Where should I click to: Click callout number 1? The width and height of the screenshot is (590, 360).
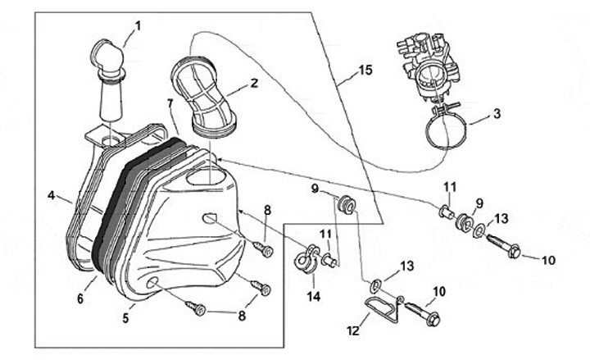click(138, 25)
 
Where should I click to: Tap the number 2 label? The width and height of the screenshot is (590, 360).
click(254, 83)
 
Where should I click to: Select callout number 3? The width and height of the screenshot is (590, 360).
click(497, 112)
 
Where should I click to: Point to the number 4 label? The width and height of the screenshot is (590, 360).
click(51, 196)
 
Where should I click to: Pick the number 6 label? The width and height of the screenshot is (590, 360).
click(80, 299)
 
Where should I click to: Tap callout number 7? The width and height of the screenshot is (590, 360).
click(170, 103)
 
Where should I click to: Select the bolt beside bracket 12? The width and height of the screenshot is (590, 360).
click(423, 312)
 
